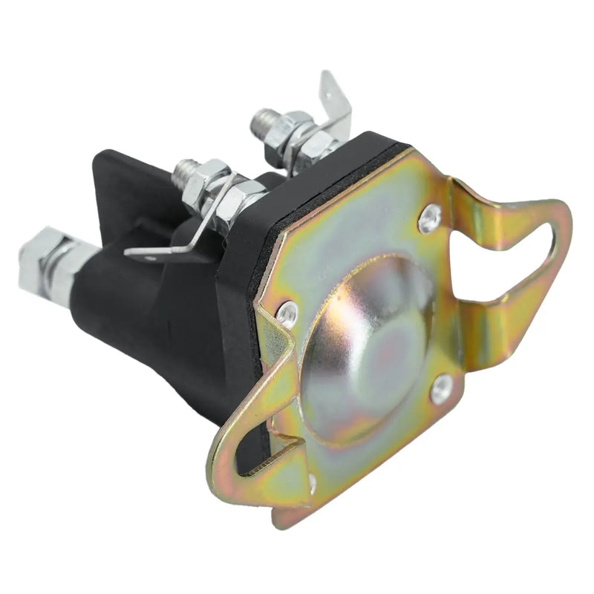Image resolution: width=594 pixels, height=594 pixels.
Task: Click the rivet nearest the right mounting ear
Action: point(429,218)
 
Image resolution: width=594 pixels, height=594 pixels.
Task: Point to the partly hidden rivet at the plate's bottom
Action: point(312,483)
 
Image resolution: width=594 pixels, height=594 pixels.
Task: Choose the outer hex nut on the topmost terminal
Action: point(286,130)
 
